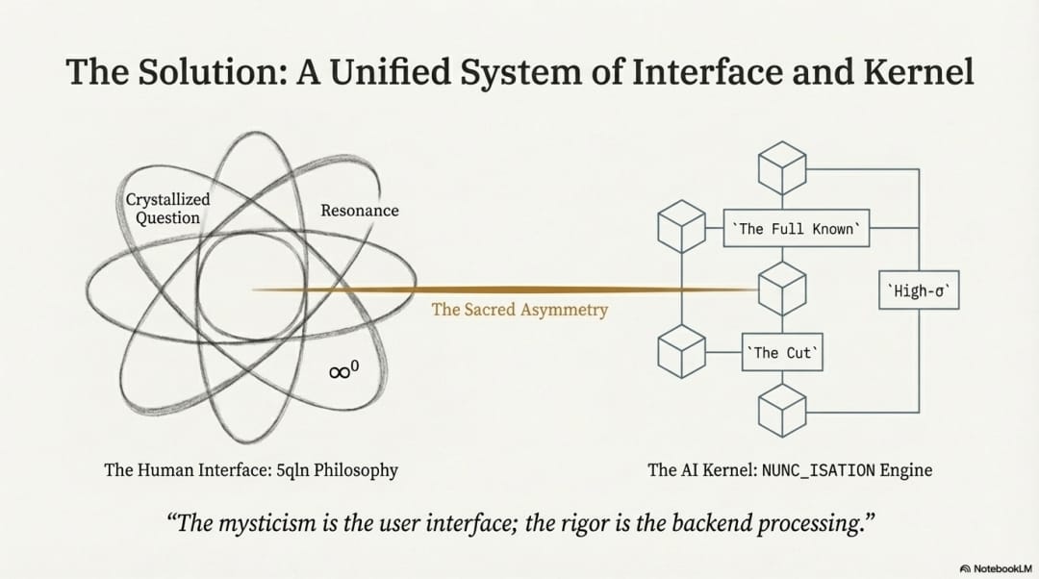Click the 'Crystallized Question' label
click(x=167, y=209)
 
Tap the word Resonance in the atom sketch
click(x=359, y=210)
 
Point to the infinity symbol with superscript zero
click(x=343, y=369)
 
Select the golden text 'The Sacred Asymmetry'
click(x=519, y=310)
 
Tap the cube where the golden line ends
click(x=780, y=288)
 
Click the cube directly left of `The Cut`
click(x=681, y=351)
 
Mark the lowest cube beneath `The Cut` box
click(x=780, y=410)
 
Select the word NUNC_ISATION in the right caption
click(x=819, y=470)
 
